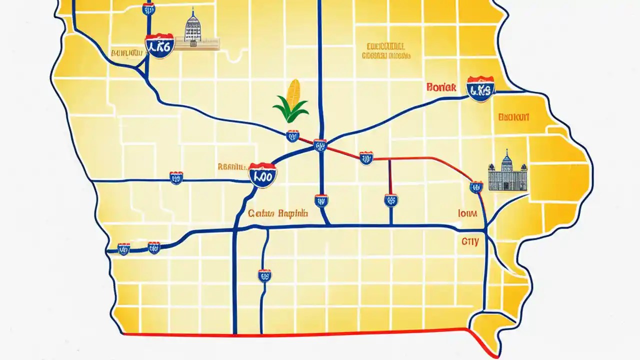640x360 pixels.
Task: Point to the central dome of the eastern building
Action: point(506,159)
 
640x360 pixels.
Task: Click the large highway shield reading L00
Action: point(262,175)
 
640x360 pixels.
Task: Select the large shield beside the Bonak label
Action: point(480,89)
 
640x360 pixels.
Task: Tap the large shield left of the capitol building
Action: point(159,45)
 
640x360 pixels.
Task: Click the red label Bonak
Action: point(441,87)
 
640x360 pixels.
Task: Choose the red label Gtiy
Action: point(469,241)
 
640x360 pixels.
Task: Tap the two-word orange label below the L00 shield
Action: point(278,213)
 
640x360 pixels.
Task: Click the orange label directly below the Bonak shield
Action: point(513,118)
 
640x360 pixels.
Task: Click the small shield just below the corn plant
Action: point(292,135)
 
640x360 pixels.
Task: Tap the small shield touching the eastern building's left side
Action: point(476,187)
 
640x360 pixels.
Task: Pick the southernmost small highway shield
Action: point(264,275)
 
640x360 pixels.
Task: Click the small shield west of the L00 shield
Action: point(176,177)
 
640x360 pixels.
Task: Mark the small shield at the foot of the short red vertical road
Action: point(391,200)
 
